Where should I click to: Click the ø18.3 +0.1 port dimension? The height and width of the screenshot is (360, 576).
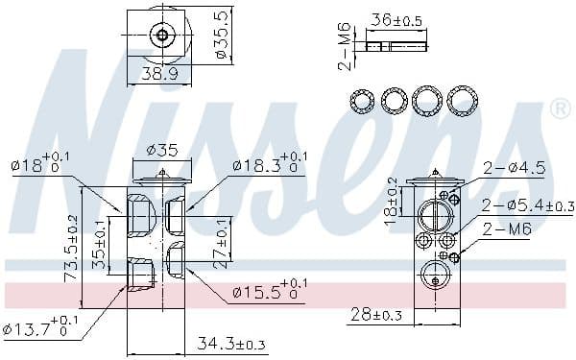[270, 162]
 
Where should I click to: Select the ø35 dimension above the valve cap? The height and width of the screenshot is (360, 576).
[163, 149]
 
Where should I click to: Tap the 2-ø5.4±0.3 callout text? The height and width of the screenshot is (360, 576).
[527, 204]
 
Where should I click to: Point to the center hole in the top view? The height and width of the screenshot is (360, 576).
[162, 36]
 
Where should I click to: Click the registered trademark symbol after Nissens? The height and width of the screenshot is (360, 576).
[558, 109]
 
